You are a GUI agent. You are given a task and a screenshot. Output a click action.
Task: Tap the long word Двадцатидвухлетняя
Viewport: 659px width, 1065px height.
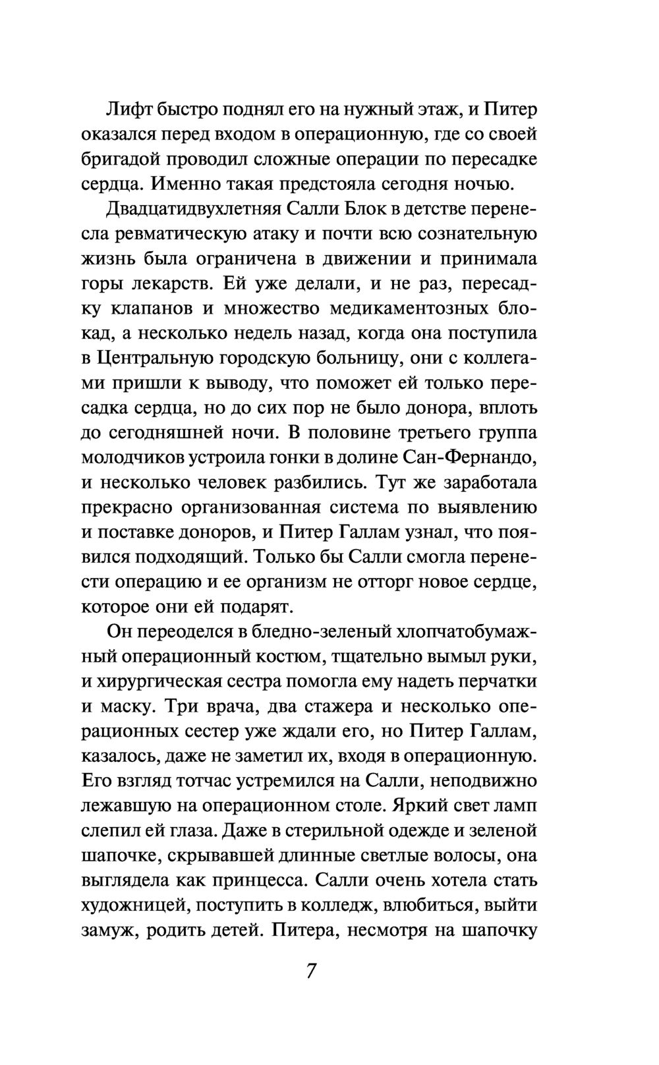coord(192,208)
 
